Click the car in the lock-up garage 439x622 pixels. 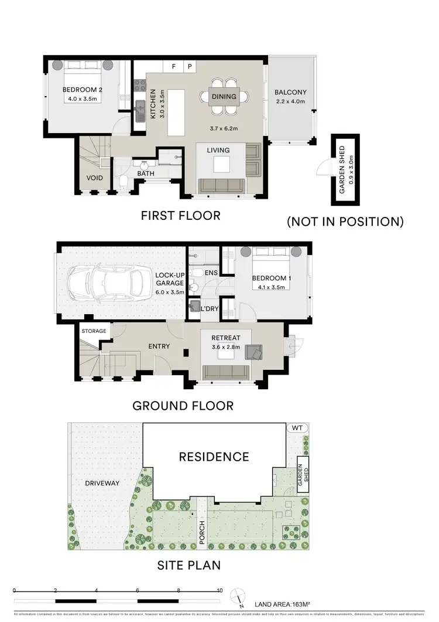pos(109,284)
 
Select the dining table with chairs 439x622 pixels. pos(224,97)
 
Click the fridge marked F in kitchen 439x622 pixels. pos(173,67)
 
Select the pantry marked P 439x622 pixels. pos(190,67)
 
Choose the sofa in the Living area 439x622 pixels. pos(222,186)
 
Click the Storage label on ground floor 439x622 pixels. pos(94,331)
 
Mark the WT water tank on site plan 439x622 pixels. pos(298,429)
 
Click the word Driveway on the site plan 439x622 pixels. pos(102,483)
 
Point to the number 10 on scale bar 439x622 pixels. pos(220,590)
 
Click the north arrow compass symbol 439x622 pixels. pos(237,595)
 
